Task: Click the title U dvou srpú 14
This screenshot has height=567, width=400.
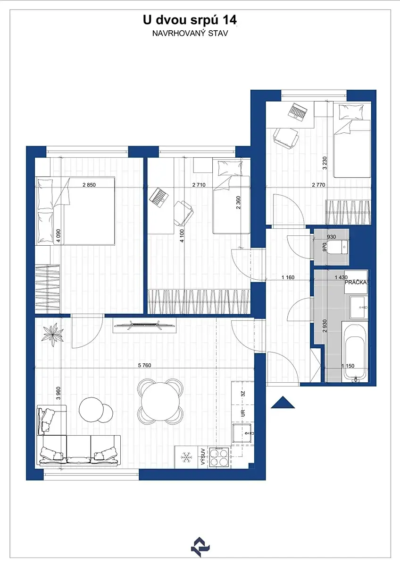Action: [x=190, y=21]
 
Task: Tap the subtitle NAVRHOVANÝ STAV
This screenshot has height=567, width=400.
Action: [x=190, y=34]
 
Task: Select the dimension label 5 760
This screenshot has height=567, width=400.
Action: [x=144, y=365]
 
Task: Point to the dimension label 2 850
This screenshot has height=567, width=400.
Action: [x=89, y=185]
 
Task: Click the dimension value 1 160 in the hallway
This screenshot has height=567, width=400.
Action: [x=288, y=277]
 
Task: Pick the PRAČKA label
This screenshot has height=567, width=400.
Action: [x=356, y=282]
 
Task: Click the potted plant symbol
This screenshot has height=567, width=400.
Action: [x=53, y=335]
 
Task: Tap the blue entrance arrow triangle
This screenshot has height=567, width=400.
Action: [x=283, y=403]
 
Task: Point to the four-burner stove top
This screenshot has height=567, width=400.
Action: [x=219, y=457]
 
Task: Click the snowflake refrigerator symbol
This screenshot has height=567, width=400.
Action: [x=186, y=457]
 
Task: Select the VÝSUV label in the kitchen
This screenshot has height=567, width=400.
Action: [x=203, y=457]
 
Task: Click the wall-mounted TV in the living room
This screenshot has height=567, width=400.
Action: [x=144, y=325]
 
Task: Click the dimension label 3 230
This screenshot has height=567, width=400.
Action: [x=325, y=163]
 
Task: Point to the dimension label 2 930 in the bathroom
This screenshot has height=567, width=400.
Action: [x=325, y=326]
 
